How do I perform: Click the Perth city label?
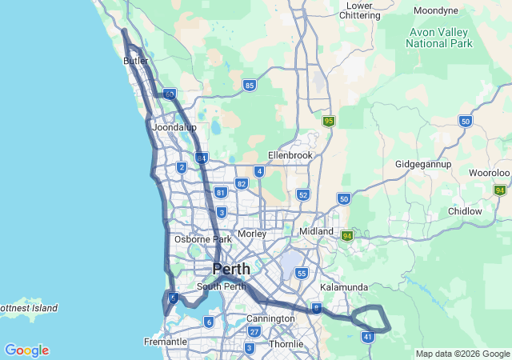tap(231, 269)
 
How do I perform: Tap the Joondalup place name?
tap(174, 127)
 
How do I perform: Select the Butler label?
tap(136, 61)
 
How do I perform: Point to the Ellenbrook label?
tap(290, 154)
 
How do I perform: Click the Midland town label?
tap(316, 231)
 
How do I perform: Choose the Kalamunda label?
tap(343, 287)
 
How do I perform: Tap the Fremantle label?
tap(166, 342)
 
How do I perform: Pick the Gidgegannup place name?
tap(423, 164)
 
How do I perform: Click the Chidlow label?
tap(465, 211)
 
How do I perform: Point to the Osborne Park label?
tap(203, 238)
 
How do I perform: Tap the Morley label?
tap(251, 234)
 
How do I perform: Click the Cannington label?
tap(270, 318)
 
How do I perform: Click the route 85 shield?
tap(250, 85)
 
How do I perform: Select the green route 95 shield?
tap(329, 121)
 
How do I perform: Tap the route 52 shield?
tap(302, 194)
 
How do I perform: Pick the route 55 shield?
tap(301, 273)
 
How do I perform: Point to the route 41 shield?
tap(368, 337)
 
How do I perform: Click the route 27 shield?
tap(254, 331)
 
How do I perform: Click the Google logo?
tap(26, 350)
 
